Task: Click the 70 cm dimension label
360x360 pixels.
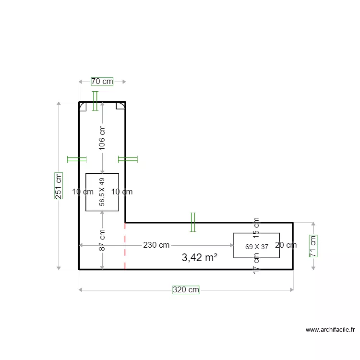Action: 102,82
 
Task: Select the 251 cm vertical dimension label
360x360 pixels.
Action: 59,186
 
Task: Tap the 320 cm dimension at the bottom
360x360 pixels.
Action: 186,290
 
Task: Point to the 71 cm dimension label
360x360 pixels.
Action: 312,246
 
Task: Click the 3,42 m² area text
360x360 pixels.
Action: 200,258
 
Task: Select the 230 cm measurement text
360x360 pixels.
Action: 156,245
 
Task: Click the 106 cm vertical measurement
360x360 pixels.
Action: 102,138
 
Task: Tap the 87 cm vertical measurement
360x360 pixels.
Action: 102,240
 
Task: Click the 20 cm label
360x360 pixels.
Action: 286,245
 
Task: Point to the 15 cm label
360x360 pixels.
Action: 256,228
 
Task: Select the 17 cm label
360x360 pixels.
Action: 256,264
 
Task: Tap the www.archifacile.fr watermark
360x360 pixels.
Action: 330,330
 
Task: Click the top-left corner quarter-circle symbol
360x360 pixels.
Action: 83,106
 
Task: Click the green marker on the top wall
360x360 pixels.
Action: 95,101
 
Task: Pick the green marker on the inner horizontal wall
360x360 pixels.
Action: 193,222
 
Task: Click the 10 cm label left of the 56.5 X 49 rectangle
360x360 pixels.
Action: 83,192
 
